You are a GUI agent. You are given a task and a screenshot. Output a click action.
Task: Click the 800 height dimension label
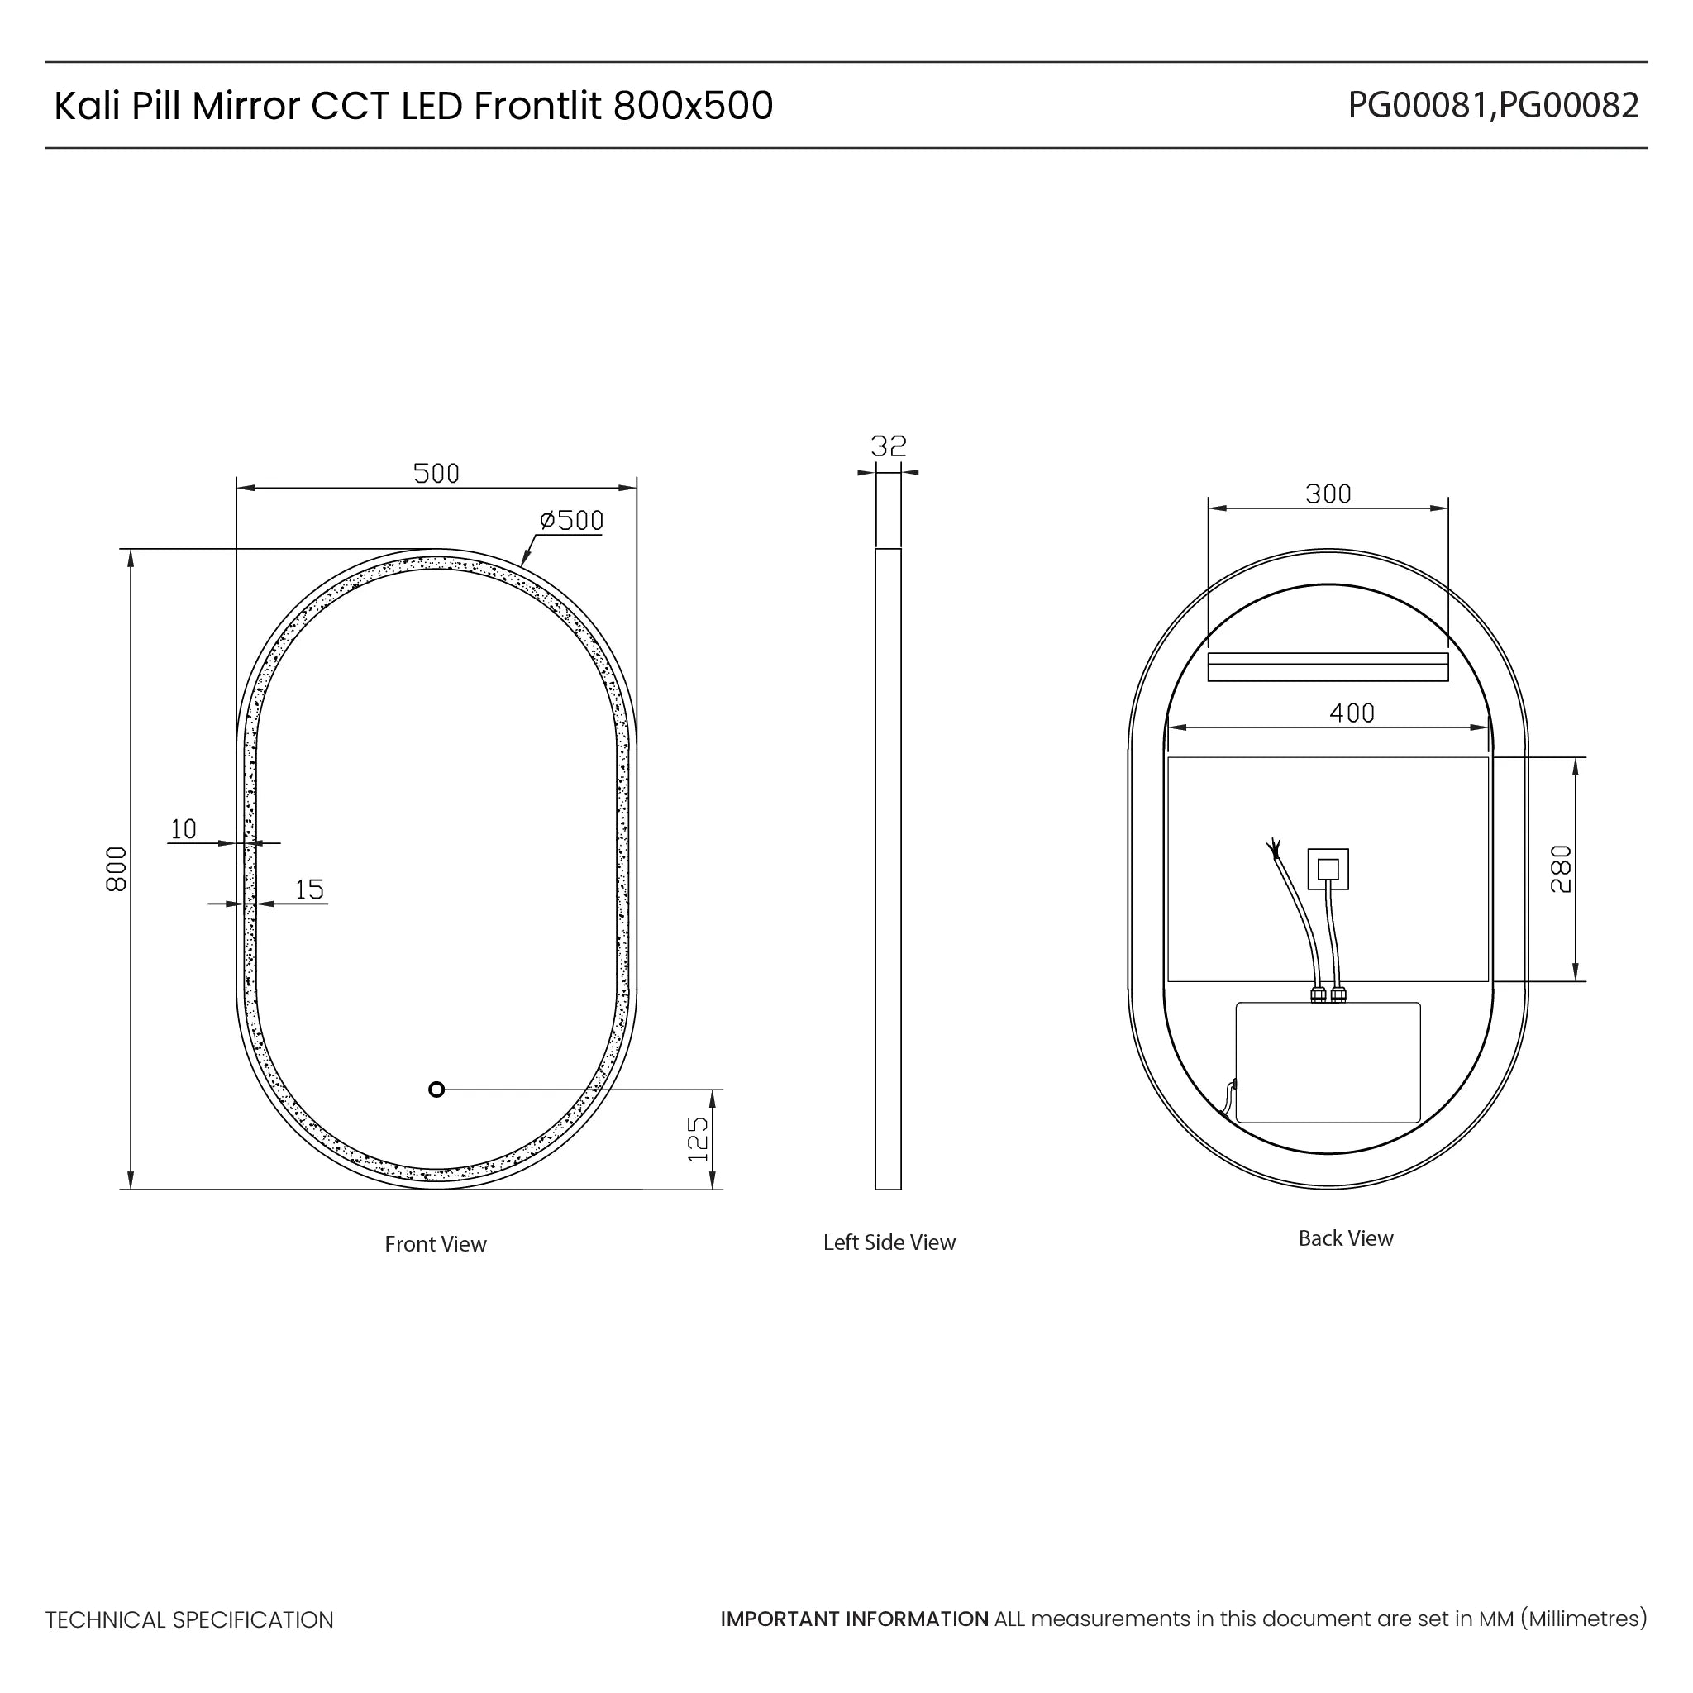(117, 869)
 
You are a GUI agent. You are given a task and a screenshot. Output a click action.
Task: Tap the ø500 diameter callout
(571, 521)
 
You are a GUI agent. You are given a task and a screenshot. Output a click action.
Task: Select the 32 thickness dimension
(888, 446)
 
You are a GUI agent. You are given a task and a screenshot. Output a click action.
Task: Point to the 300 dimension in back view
(1328, 494)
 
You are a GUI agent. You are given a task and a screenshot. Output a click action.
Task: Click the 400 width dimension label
(1352, 713)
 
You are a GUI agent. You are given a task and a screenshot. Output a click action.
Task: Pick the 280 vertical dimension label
(1561, 869)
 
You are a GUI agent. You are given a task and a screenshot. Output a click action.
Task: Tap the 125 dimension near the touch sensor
(698, 1139)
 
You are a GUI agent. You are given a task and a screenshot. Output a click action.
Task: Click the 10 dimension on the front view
(184, 829)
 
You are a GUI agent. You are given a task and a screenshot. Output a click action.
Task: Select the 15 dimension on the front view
(309, 889)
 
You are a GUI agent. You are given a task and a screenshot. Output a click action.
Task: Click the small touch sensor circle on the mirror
(436, 1090)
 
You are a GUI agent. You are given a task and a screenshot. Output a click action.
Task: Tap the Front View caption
(435, 1243)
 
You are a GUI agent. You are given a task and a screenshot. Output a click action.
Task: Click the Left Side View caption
(889, 1242)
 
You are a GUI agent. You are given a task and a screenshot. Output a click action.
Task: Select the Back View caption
(1345, 1238)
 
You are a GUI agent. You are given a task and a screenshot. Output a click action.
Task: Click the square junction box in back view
(1328, 869)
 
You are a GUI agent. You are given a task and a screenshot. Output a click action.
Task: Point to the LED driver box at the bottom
(1328, 1062)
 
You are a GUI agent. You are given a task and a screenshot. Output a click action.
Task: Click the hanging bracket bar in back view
(1328, 667)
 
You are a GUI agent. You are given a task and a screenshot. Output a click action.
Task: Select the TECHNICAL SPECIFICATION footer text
(189, 1620)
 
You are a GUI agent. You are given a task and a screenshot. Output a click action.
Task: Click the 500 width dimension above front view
(436, 473)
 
